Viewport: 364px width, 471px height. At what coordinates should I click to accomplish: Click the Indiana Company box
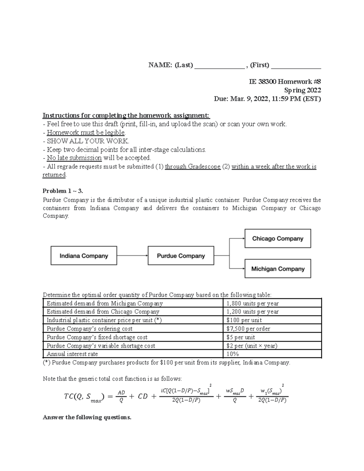(84, 256)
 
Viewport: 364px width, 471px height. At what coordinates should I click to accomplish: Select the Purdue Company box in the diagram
(181, 256)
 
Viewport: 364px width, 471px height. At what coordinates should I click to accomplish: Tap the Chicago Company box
(278, 239)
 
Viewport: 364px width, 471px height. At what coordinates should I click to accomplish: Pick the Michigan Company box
(278, 269)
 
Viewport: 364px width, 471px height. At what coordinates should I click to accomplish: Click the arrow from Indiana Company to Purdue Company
(132, 256)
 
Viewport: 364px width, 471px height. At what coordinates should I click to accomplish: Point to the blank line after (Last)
(219, 65)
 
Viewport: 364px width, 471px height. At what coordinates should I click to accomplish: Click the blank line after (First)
(296, 65)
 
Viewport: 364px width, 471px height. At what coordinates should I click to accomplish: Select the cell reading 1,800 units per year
(252, 303)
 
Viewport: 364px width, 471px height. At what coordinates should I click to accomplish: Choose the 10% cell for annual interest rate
(233, 354)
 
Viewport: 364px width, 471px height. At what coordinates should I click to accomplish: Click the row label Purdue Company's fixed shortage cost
(97, 337)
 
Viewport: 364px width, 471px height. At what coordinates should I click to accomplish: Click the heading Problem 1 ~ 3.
(63, 191)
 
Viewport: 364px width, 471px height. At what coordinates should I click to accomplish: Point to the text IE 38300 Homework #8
(285, 82)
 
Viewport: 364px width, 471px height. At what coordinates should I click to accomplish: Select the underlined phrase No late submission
(74, 158)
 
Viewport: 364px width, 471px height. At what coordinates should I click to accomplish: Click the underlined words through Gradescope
(193, 166)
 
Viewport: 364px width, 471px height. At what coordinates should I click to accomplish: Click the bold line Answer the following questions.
(87, 417)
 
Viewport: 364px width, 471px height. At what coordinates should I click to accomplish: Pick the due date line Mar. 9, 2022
(267, 99)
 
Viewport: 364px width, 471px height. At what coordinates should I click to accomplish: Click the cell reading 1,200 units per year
(252, 312)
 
